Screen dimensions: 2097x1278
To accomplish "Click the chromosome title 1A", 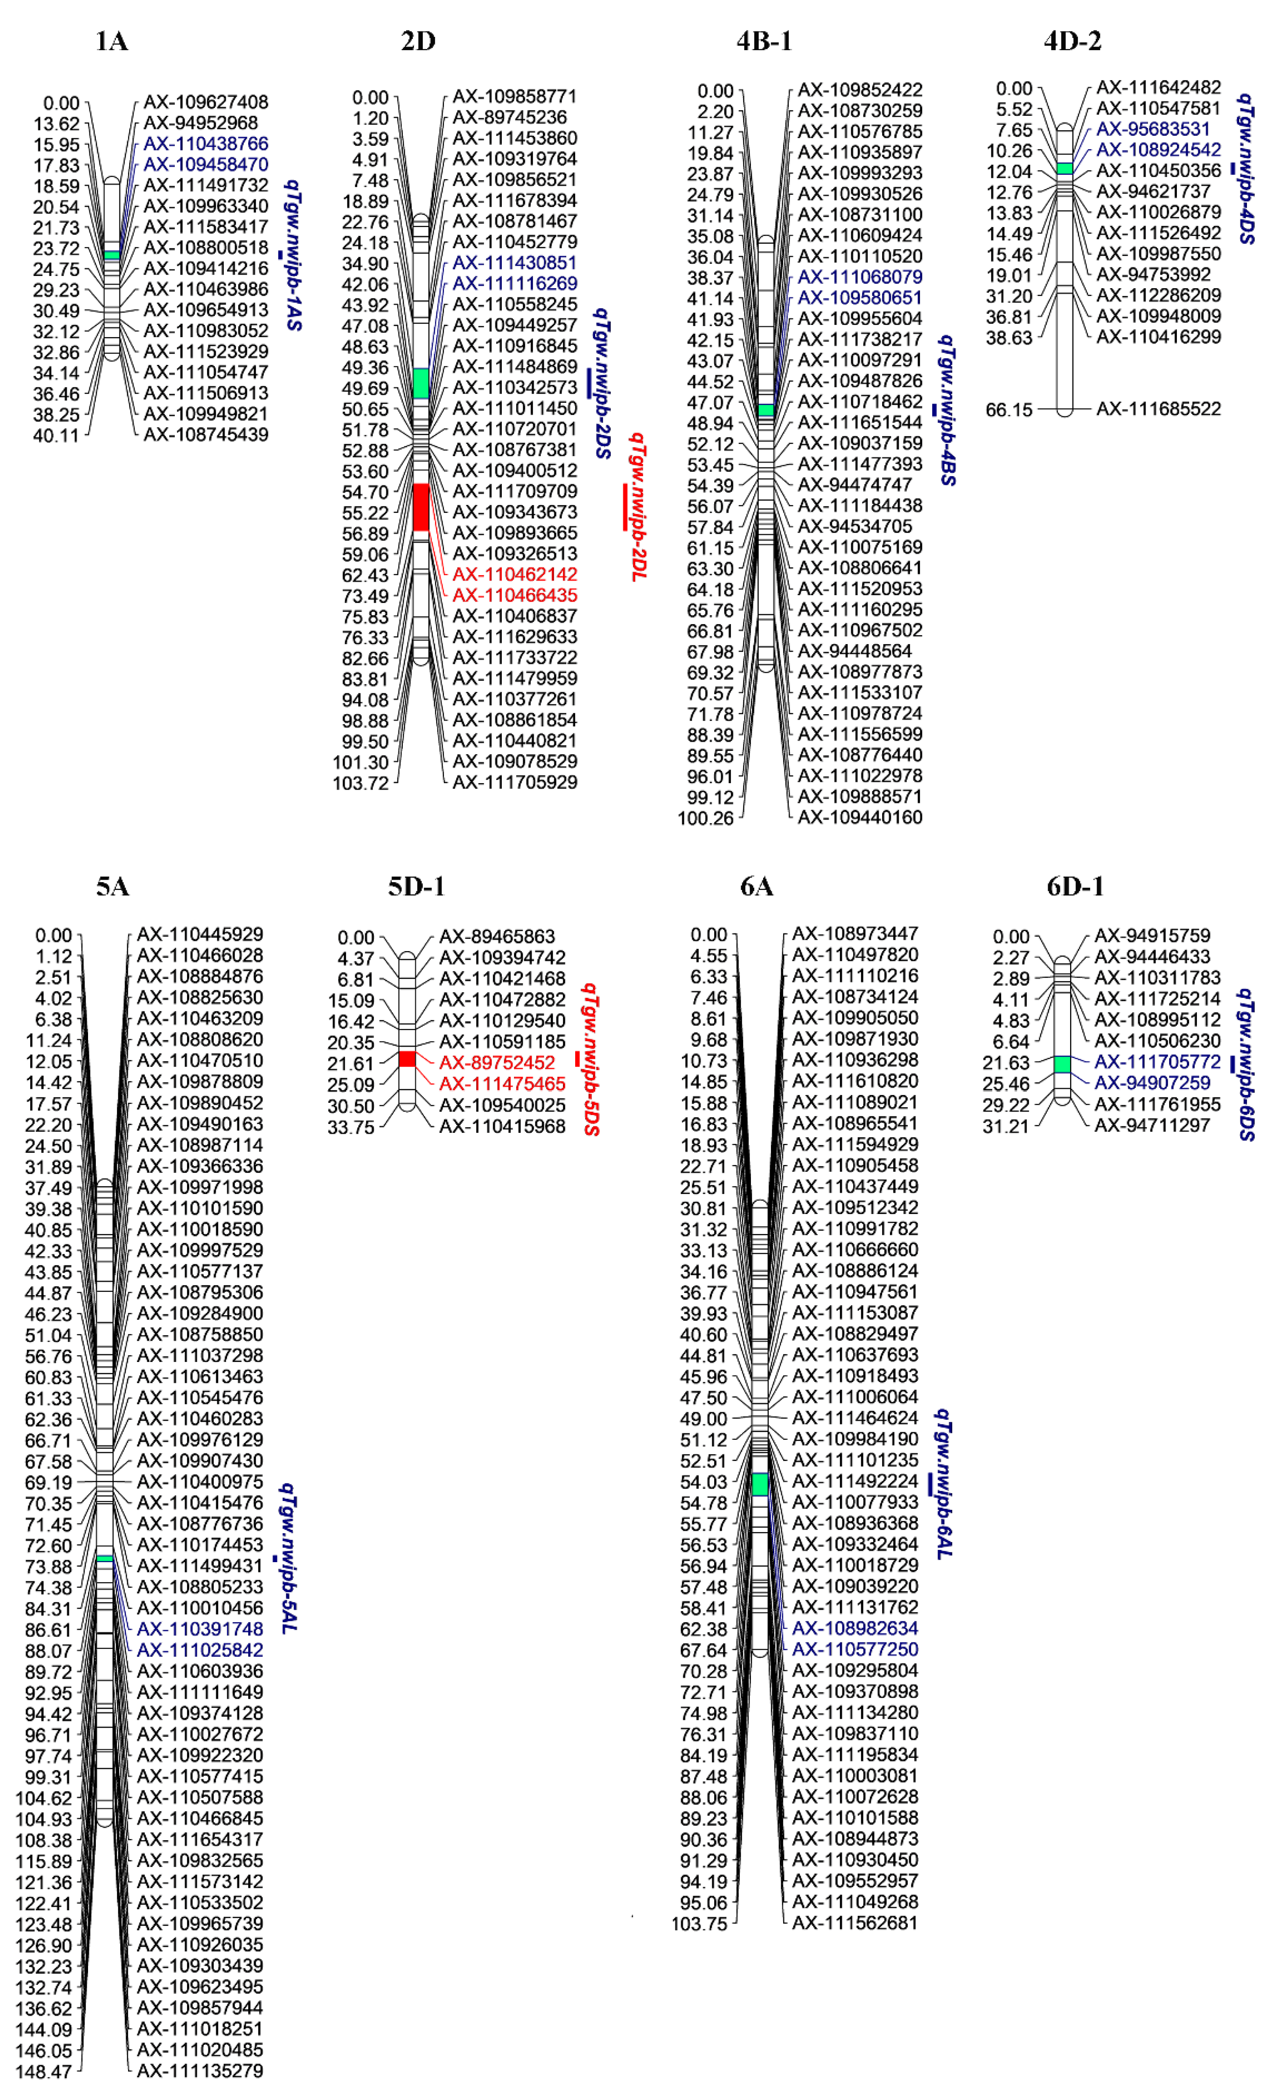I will click(x=111, y=41).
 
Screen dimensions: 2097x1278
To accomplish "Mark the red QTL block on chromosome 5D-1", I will click(x=407, y=1059).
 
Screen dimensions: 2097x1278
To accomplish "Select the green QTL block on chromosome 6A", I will click(x=760, y=1483).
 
